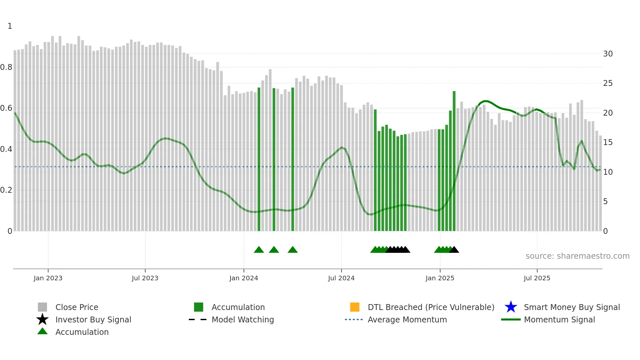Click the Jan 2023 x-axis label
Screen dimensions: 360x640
(x=48, y=278)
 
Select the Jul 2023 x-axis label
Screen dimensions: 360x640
(x=145, y=278)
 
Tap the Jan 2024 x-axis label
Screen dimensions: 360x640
(x=244, y=278)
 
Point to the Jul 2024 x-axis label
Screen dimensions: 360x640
(x=341, y=278)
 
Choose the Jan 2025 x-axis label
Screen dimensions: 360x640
(x=440, y=278)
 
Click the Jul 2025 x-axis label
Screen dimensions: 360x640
(x=537, y=278)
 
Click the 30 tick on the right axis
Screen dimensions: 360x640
(x=608, y=54)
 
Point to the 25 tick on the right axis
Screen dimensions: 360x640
(x=608, y=83)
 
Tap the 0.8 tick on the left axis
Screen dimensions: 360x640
(x=6, y=67)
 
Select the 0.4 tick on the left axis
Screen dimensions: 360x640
(x=6, y=149)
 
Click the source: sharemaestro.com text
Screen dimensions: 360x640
(x=577, y=256)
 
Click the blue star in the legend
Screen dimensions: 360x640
(x=511, y=307)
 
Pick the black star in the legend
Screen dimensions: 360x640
(x=42, y=319)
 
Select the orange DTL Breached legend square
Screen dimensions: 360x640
(x=355, y=307)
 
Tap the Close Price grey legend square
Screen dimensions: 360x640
(x=42, y=307)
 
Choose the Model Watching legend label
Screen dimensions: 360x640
(x=243, y=319)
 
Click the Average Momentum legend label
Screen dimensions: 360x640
(x=407, y=319)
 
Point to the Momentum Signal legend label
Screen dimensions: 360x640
(x=559, y=319)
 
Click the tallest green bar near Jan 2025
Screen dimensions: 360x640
(x=454, y=160)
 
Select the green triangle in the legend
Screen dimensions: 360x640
(x=42, y=331)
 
